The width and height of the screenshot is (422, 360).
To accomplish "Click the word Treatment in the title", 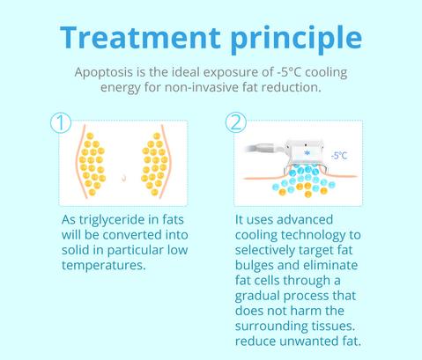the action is [x=140, y=37].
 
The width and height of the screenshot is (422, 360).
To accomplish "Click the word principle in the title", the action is [x=296, y=40].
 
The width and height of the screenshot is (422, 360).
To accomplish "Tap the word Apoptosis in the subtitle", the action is [x=103, y=73].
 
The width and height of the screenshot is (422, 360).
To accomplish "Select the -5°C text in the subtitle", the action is [x=289, y=72].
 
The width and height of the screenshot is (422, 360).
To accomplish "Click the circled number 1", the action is [x=61, y=122].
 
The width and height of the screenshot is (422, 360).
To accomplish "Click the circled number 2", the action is [x=236, y=122].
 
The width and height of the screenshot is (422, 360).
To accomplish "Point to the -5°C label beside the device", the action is [x=339, y=156].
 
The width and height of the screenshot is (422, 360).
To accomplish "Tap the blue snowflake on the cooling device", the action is [x=307, y=153].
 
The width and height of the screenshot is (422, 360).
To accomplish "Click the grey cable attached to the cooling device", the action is [x=264, y=148].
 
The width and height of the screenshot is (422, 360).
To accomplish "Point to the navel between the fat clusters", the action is [x=124, y=178].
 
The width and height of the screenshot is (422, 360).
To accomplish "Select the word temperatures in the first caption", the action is [x=104, y=266].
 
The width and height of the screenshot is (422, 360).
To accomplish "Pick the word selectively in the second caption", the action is [x=265, y=250].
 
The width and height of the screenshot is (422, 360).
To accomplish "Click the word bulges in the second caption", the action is [x=255, y=266].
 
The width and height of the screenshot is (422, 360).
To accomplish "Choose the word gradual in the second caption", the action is [x=257, y=296].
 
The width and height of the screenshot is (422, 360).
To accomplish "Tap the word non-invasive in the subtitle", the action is [x=202, y=87].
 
